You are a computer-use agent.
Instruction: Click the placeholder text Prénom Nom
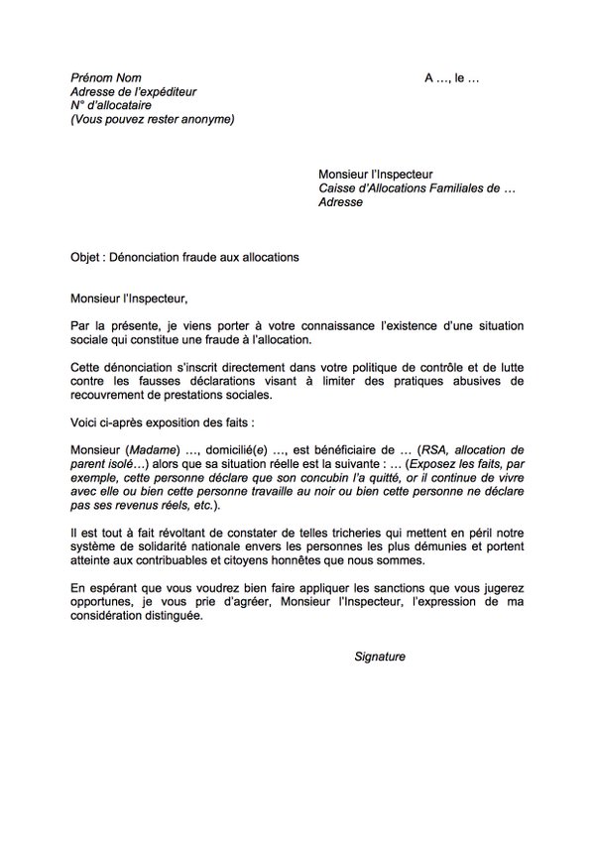(x=106, y=77)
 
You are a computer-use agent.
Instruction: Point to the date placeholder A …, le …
(x=451, y=77)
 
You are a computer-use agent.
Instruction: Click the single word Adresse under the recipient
(x=340, y=202)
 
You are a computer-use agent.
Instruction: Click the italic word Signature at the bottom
(x=380, y=657)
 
